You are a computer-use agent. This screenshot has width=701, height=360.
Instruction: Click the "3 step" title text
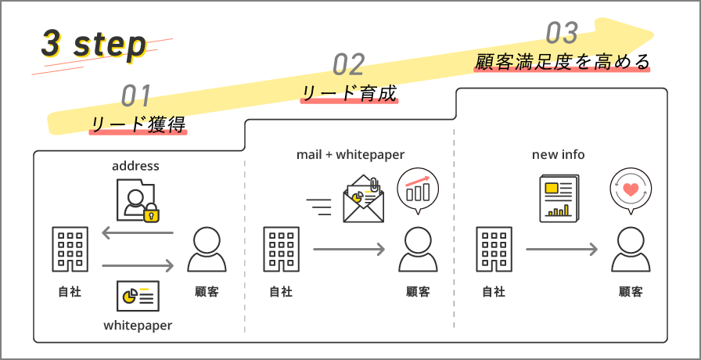94,45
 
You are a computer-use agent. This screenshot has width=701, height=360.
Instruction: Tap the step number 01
136,95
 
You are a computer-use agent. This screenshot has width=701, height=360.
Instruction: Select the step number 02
349,64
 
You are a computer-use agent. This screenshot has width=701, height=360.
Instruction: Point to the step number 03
562,33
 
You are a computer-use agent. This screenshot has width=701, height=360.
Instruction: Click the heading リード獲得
138,124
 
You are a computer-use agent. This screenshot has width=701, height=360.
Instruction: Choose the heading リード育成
350,94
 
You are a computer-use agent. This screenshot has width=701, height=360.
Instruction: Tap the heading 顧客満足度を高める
563,63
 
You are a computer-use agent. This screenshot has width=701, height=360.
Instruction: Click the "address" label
135,165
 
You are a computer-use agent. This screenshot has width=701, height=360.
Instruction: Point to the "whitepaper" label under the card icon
138,324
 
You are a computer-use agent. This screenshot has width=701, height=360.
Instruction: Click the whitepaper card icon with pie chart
138,295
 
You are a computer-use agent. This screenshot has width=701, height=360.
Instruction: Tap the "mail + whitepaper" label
350,155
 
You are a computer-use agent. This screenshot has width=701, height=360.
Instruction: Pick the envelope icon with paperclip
364,200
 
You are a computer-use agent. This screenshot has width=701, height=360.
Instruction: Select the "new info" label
558,155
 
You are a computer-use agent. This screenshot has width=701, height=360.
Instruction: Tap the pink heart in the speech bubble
631,189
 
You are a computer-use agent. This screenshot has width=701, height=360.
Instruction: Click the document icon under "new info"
559,197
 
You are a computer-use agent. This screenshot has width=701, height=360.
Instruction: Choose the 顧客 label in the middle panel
418,292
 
